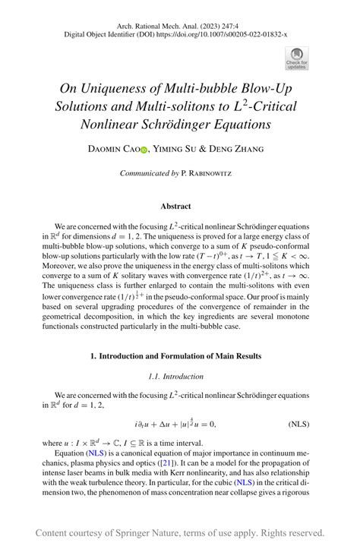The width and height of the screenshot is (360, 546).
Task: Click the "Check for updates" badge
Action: [296, 57]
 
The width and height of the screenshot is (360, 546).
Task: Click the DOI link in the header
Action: [232, 34]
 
